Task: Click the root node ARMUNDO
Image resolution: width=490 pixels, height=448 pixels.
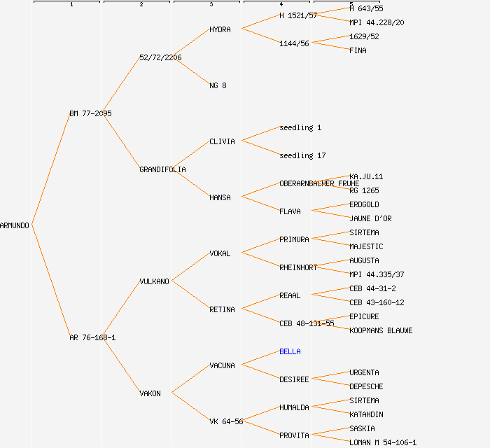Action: point(15,225)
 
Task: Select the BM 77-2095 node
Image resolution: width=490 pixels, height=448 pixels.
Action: point(90,113)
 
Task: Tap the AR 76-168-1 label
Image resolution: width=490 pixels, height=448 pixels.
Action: point(92,337)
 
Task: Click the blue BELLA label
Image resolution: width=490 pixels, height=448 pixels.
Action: point(290,351)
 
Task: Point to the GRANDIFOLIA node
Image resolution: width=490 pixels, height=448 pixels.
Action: point(162,169)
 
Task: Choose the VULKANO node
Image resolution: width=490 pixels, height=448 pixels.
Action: point(154,281)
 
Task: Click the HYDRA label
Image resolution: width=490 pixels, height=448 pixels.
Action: point(220,29)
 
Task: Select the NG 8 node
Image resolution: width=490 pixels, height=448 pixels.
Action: point(218,85)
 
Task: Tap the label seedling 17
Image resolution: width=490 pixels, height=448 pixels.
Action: point(302,155)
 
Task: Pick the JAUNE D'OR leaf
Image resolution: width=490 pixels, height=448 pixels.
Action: point(370,218)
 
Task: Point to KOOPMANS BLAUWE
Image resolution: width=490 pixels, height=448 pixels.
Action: point(381,330)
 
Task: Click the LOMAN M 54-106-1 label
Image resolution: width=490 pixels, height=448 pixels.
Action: point(383,442)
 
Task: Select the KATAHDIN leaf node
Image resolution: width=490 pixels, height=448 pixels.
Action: point(366,414)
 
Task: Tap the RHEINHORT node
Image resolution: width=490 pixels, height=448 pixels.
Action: point(298,267)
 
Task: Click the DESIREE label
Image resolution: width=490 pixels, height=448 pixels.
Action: point(294,379)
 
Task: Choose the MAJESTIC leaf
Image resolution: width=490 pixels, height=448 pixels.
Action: point(366,246)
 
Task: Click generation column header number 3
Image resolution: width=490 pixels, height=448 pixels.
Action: point(211,5)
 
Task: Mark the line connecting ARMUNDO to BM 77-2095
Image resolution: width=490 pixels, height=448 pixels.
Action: point(50,169)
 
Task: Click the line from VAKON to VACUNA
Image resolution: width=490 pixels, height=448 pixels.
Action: point(190,379)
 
